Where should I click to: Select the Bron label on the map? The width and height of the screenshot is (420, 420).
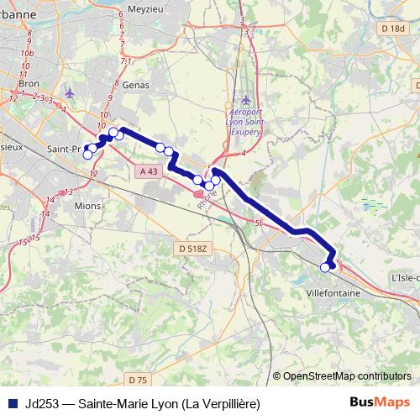tap(29, 84)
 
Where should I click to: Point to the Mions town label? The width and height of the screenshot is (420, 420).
tap(87, 205)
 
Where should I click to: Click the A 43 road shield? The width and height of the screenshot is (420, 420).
tap(149, 171)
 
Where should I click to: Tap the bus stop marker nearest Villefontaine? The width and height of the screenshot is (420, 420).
tap(325, 268)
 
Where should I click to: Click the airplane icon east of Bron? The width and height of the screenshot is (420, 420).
tap(69, 92)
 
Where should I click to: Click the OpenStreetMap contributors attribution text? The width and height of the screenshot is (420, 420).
tap(346, 375)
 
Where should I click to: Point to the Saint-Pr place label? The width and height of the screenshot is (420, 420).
tap(64, 150)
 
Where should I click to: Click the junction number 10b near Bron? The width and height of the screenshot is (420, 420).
tap(28, 53)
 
